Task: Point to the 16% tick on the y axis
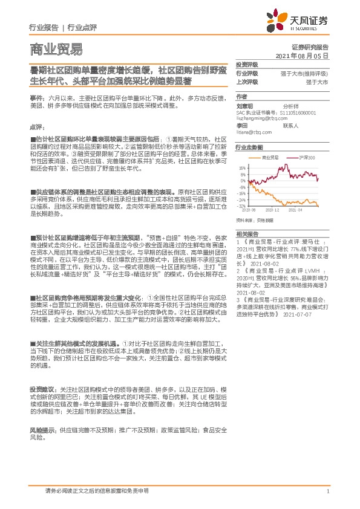tap(242, 168)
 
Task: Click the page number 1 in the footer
tap(327, 491)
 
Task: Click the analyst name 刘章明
tap(244, 105)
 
